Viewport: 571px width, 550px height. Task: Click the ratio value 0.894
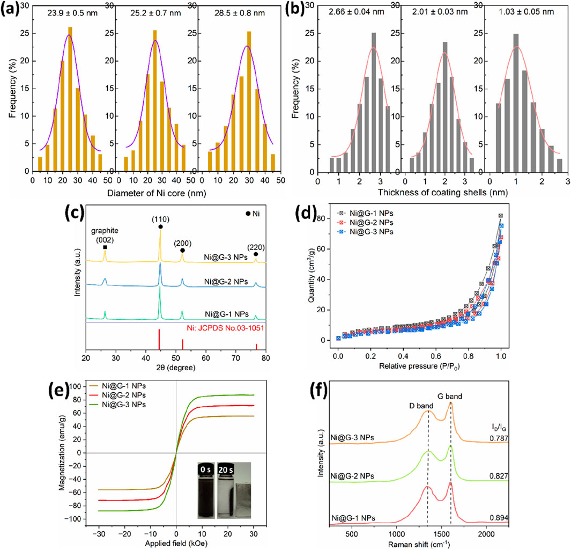click(498, 517)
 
